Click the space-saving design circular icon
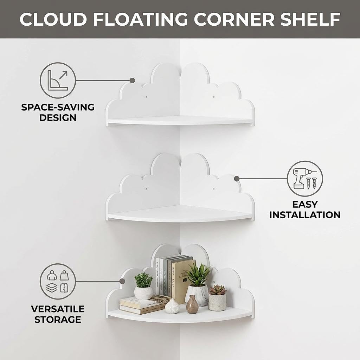click(x=58, y=81)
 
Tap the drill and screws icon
click(x=305, y=179)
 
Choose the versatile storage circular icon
click(x=58, y=281)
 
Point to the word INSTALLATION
click(x=305, y=214)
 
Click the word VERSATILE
click(x=58, y=309)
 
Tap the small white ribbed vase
click(x=172, y=306)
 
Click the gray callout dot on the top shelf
click(x=132, y=81)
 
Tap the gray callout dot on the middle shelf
click(x=237, y=179)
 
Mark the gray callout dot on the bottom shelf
click(x=122, y=281)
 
